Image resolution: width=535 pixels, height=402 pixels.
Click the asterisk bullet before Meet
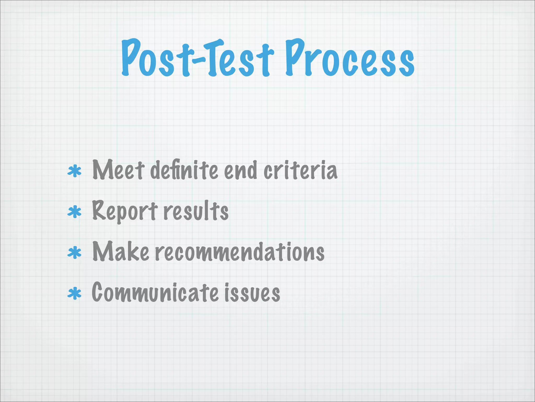point(74,171)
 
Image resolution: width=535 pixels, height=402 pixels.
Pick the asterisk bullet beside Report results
point(74,212)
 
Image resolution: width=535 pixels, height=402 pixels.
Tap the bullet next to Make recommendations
point(74,253)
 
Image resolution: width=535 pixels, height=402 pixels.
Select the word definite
point(184,170)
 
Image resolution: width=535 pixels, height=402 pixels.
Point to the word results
point(196,211)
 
